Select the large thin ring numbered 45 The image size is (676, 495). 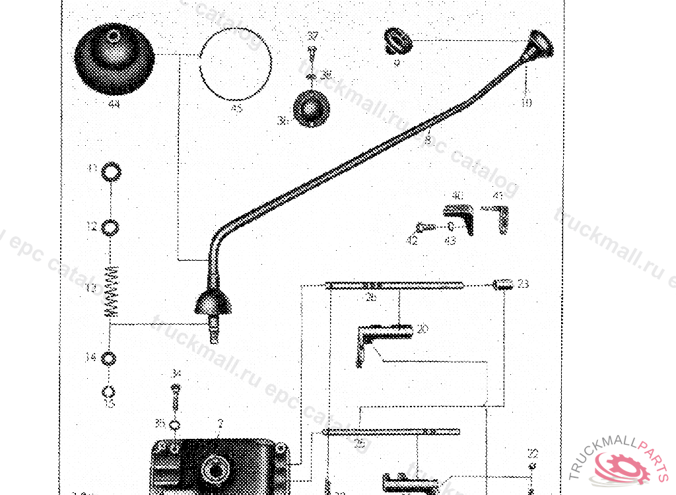tap(236, 64)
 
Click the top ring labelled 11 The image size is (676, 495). tap(112, 172)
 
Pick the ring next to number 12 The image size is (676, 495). tap(112, 227)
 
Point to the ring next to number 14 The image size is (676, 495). tap(110, 358)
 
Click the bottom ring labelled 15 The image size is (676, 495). tap(110, 389)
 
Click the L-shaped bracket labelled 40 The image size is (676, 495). tap(461, 218)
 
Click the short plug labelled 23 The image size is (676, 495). tap(504, 284)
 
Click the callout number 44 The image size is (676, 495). tap(114, 104)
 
